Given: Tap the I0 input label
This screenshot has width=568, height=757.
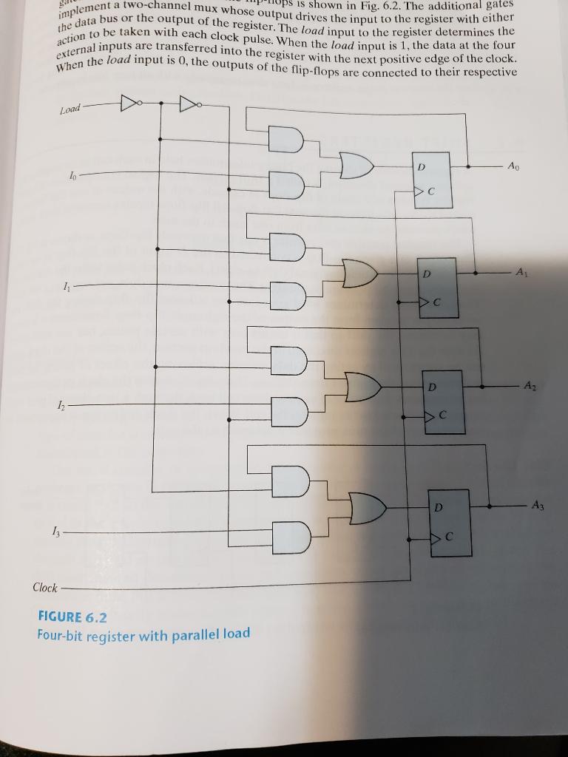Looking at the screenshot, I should (x=71, y=175).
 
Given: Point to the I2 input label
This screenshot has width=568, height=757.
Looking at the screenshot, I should (x=69, y=404).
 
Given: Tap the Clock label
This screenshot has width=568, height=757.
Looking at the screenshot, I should (x=44, y=588).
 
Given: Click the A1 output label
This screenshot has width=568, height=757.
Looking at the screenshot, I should (x=522, y=272).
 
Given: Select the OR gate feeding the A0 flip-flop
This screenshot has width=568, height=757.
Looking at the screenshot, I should (x=358, y=166).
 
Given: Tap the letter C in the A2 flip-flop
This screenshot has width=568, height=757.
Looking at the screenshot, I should (x=442, y=416).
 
